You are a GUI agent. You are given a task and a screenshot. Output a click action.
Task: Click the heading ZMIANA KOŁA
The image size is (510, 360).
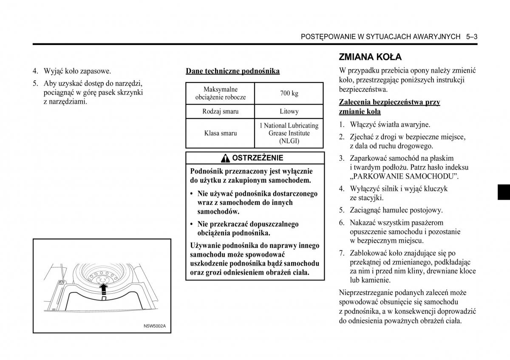370,57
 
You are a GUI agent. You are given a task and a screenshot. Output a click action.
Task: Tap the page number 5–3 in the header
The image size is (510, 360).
471,37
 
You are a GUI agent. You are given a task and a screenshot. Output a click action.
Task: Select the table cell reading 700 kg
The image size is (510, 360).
289,94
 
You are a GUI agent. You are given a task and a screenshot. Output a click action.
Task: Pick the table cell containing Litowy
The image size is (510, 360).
289,111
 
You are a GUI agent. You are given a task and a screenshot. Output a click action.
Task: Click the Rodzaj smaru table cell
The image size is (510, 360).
220,111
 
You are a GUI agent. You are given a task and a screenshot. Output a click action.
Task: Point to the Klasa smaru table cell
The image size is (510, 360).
220,133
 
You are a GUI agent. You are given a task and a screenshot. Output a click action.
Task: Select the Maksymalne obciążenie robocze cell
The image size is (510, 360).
220,94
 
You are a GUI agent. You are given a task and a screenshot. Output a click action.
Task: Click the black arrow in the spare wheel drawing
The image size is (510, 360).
102,289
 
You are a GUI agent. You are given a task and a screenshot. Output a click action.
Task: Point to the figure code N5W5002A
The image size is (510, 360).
155,326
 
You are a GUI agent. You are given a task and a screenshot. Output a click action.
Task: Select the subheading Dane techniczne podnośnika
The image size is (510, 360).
232,71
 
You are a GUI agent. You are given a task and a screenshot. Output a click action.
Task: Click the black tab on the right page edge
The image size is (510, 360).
504,192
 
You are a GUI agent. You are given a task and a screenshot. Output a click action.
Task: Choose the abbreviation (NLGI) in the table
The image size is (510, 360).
289,141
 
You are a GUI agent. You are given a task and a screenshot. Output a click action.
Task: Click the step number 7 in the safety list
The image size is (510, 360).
341,253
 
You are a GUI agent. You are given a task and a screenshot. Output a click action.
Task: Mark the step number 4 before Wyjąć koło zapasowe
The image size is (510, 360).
36,71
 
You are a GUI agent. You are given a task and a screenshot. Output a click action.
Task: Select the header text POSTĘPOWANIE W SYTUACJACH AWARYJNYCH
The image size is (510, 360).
380,37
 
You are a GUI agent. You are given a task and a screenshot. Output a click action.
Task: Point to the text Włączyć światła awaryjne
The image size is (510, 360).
390,125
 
